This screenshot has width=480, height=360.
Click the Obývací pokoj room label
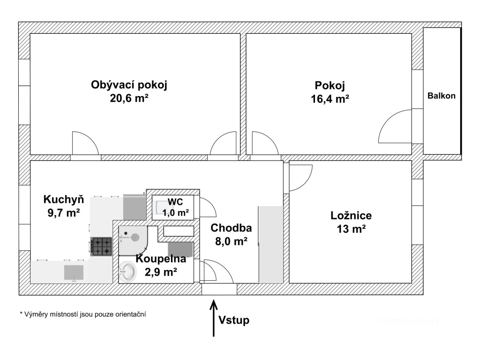[129, 85]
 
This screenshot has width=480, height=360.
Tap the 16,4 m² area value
[330, 99]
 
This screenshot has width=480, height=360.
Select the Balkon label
[442, 96]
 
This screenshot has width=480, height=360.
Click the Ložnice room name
[351, 216]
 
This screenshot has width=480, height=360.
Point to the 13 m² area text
[351, 229]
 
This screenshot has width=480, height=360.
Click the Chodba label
[231, 228]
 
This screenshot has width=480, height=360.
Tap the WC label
[175, 202]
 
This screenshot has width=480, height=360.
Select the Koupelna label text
[161, 259]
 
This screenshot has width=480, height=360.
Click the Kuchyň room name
[64, 199]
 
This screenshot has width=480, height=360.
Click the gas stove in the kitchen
[101, 247]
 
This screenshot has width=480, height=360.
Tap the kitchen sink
[74, 272]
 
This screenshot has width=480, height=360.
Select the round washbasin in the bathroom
[128, 271]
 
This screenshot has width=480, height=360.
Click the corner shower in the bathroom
[133, 240]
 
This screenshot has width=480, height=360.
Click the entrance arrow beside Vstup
[214, 318]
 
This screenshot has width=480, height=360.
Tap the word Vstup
[234, 320]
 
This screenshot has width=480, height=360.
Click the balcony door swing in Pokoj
[395, 126]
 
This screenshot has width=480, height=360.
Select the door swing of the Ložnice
[300, 178]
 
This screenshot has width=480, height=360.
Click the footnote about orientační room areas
[82, 314]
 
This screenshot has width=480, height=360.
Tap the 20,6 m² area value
[129, 98]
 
